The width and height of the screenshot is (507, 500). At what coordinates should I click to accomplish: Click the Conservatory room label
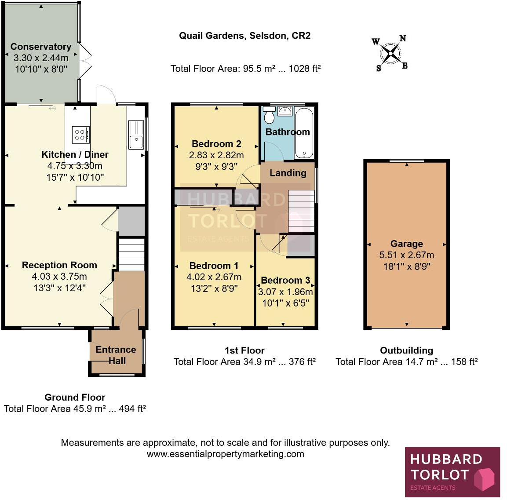coord(41,47)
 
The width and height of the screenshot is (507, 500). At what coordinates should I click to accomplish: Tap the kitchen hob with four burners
coord(80,134)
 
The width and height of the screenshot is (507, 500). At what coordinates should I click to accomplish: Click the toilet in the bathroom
coord(269,116)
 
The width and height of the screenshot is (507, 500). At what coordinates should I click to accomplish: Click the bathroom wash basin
coord(285,111)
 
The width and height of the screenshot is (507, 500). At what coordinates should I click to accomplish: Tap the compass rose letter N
coord(402,39)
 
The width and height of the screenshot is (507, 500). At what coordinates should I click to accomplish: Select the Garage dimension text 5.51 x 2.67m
coord(407,255)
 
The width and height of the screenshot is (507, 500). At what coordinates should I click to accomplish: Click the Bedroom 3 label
coord(285,280)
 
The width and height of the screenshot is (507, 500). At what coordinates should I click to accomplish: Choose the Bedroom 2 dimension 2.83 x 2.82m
coord(216,155)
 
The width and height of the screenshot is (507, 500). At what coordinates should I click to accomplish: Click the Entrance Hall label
coord(116,355)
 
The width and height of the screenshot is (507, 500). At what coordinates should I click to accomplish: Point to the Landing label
coord(288,173)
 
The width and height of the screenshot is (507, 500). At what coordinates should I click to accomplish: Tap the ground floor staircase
coord(131,254)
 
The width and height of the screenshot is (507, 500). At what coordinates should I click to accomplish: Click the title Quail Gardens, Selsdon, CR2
coord(244,36)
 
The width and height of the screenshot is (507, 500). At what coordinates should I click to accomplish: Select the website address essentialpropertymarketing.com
coord(225,454)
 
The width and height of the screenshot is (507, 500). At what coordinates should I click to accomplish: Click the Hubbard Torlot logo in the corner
coord(452,472)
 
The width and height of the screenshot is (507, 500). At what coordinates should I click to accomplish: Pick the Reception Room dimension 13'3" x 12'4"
coord(59,288)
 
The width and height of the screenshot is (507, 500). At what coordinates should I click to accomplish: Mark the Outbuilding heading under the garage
coord(406,350)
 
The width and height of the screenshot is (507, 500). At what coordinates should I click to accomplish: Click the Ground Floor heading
coord(75,398)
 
